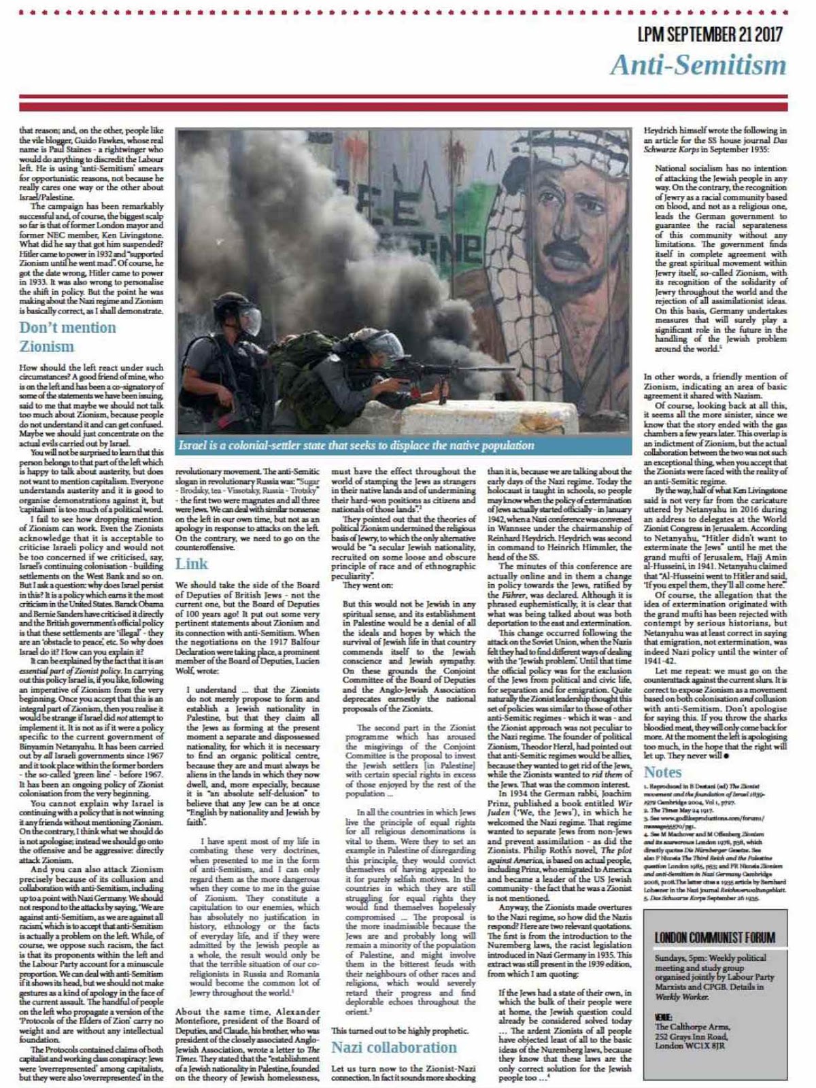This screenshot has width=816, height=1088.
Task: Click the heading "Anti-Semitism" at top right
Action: [x=698, y=65]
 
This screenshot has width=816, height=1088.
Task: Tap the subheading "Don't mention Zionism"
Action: [x=67, y=337]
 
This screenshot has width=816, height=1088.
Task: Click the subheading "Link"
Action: [x=191, y=564]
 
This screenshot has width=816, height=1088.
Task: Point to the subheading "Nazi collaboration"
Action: [x=394, y=1047]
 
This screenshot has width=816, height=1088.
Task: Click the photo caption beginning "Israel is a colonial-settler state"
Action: [x=356, y=445]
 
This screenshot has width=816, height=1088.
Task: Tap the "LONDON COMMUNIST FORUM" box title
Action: [x=715, y=938]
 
